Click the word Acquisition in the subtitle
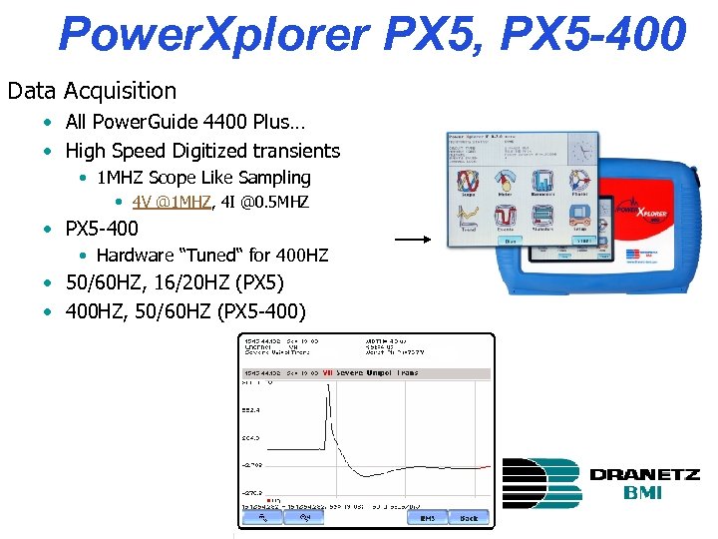point(120,91)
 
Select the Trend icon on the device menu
point(468,218)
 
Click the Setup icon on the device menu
point(577,218)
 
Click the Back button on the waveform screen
point(469,518)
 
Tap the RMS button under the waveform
point(427,518)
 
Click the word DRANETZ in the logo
point(644,475)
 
